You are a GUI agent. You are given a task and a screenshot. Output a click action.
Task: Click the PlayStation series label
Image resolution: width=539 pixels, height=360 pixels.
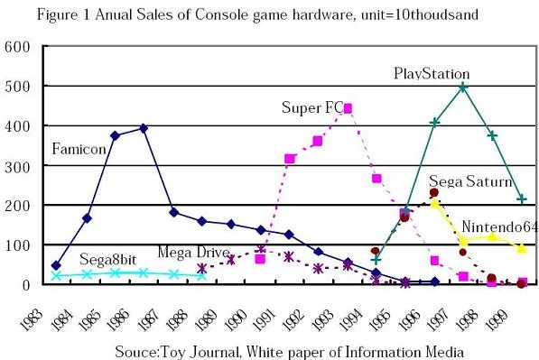pos(432,74)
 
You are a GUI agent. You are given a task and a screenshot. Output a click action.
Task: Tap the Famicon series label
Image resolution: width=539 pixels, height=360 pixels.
pos(79,148)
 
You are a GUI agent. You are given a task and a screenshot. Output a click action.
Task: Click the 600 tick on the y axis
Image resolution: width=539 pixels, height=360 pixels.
pos(20,47)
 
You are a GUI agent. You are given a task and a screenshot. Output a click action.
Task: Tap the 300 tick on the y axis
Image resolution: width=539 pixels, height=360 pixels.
pos(20,166)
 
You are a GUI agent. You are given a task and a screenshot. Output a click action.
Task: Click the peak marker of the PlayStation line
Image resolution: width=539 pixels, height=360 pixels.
pos(463,88)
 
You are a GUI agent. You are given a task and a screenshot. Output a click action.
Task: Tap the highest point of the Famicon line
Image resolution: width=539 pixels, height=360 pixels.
pos(144,128)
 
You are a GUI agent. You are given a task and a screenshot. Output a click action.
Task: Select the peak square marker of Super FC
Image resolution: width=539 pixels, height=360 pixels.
pos(348,108)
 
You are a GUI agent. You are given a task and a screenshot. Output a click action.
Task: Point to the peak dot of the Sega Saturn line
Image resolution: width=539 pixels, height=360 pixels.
pos(434,192)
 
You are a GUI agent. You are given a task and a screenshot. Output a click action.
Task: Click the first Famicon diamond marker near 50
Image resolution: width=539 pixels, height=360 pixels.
pos(57,266)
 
